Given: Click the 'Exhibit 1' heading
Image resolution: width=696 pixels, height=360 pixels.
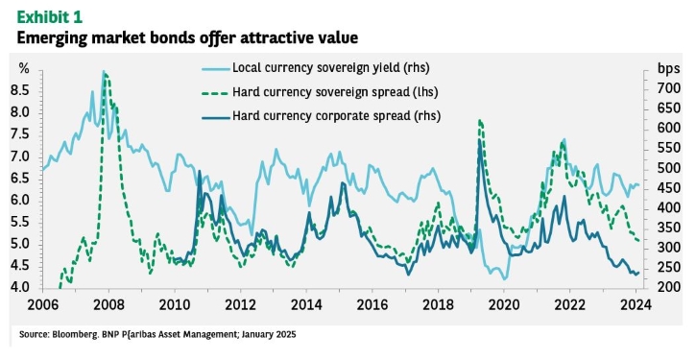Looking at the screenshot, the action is pyautogui.click(x=50, y=17).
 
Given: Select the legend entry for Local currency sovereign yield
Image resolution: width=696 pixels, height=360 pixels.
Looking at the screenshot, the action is pyautogui.click(x=315, y=68).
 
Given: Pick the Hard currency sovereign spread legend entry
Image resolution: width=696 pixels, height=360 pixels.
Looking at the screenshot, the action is pyautogui.click(x=320, y=92).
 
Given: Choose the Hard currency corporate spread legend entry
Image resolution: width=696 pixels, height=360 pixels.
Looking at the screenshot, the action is pyautogui.click(x=321, y=116).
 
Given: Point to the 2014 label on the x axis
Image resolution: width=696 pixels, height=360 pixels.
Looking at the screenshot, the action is pyautogui.click(x=306, y=305).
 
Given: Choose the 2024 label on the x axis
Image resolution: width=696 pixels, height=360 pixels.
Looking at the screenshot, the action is pyautogui.click(x=636, y=305).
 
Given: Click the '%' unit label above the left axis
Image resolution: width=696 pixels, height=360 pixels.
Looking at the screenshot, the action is pyautogui.click(x=24, y=68).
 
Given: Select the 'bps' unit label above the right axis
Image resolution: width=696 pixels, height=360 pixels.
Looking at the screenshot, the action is pyautogui.click(x=668, y=69).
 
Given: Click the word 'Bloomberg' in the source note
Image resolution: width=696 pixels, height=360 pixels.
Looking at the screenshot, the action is pyautogui.click(x=66, y=334).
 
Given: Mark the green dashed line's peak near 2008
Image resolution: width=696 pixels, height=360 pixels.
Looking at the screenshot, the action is pyautogui.click(x=106, y=74).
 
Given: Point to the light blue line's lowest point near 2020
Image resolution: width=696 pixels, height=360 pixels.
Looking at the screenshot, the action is pyautogui.click(x=505, y=278).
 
